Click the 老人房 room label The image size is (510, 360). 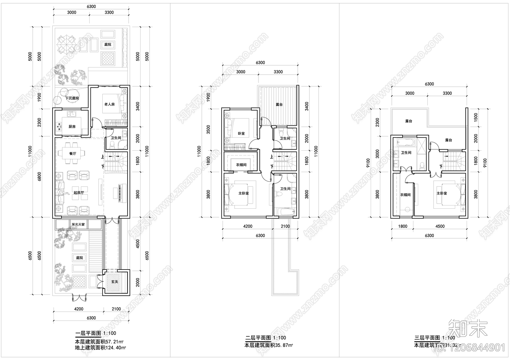[109, 104]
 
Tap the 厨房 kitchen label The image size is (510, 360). [72, 126]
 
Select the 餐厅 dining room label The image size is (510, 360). [73, 154]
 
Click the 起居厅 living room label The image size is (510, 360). [78, 193]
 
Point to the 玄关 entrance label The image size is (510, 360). [115, 282]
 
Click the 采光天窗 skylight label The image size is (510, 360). [78, 224]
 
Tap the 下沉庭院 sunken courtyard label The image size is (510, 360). [72, 98]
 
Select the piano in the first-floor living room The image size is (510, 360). [119, 193]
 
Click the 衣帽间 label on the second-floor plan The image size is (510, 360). [241, 165]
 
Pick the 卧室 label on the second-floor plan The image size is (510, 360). [241, 133]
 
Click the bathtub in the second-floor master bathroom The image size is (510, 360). [285, 212]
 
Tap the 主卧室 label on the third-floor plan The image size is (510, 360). [442, 193]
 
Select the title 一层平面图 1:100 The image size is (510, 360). [96, 334]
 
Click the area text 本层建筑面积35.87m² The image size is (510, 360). [269, 345]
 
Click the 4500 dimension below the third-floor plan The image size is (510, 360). [440, 226]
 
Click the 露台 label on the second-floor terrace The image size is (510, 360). [279, 104]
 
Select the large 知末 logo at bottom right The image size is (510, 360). [468, 328]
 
